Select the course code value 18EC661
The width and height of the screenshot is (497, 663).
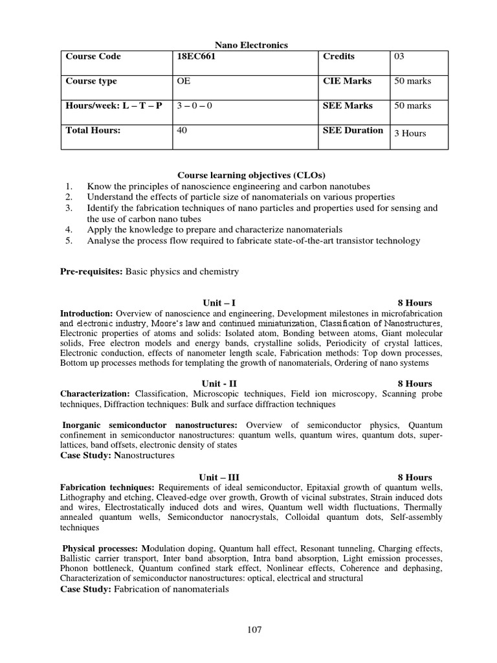pos(197,57)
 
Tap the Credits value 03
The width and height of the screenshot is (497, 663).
pos(399,57)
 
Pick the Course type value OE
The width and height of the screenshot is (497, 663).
pos(184,82)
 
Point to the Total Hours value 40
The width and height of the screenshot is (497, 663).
pos(182,131)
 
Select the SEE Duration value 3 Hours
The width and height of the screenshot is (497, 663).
pos(410,133)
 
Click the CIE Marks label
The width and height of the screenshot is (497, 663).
pos(348,82)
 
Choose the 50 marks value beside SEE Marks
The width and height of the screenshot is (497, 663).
pos(412,106)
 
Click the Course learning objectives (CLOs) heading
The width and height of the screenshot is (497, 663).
pos(252,175)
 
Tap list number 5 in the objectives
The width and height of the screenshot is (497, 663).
pos(69,241)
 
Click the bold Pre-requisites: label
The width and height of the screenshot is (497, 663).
pos(91,272)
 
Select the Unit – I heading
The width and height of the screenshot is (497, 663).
pos(217,303)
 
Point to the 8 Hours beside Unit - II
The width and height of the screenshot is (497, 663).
pos(415,383)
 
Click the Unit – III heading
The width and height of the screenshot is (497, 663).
pos(219,477)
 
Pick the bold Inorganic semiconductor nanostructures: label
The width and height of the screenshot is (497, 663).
pos(149,425)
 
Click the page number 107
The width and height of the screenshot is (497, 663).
pos(254,630)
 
